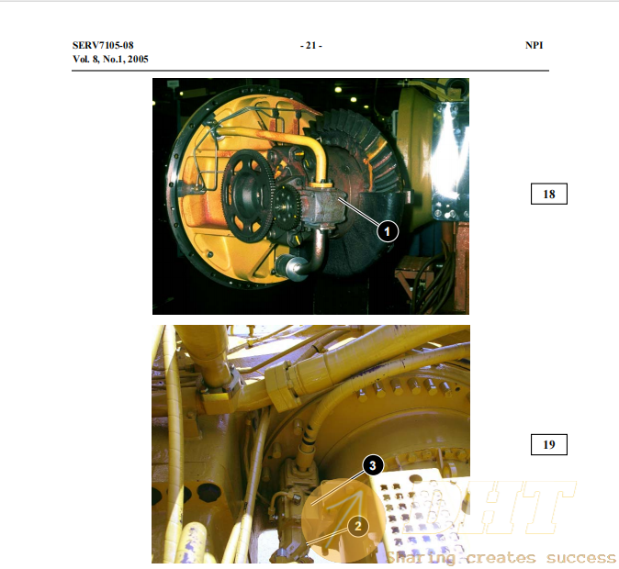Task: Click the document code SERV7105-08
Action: click(103, 45)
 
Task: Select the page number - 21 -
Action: click(311, 46)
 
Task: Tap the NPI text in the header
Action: click(534, 45)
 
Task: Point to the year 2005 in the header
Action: click(138, 59)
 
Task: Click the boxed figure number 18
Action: click(548, 194)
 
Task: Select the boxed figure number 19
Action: click(548, 445)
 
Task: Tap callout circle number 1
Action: click(388, 231)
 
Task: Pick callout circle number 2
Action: click(358, 526)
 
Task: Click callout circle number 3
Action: click(373, 465)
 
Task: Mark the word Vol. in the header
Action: click(81, 59)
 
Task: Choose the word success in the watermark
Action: click(580, 558)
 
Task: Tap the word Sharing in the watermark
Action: click(421, 558)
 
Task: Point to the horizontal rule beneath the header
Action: click(310, 71)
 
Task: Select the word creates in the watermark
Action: click(501, 558)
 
